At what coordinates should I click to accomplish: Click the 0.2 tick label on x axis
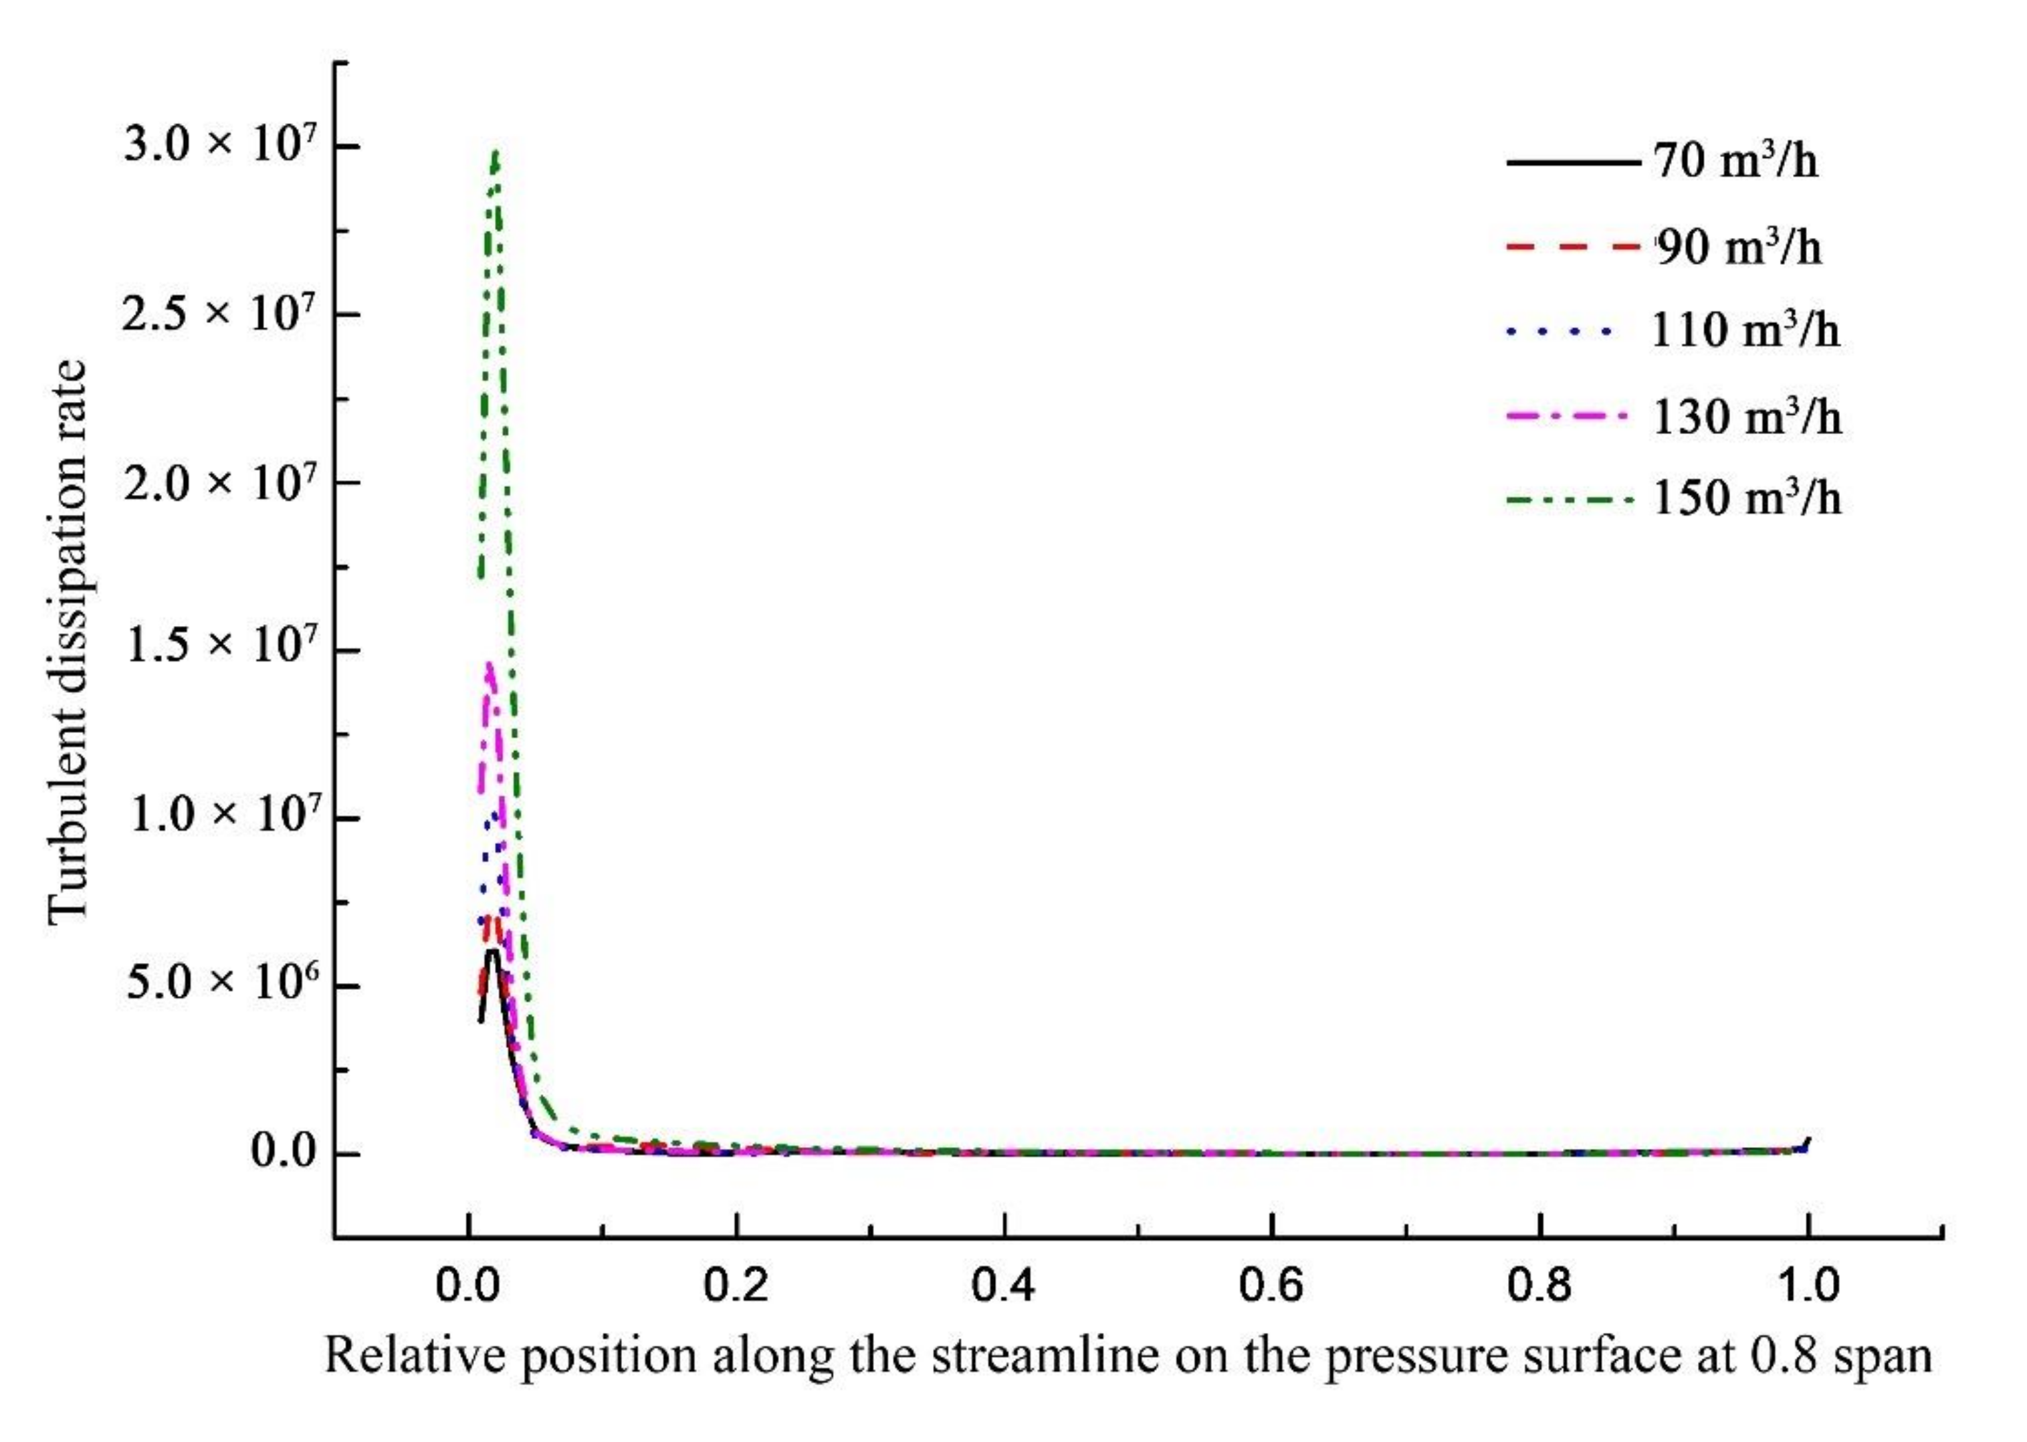[x=735, y=1285]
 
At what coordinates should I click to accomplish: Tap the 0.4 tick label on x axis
[x=1003, y=1285]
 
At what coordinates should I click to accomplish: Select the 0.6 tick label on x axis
[x=1271, y=1285]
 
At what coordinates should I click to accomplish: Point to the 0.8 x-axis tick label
[x=1539, y=1285]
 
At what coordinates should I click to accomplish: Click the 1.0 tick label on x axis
[x=1807, y=1285]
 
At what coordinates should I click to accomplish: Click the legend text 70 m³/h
[x=1735, y=162]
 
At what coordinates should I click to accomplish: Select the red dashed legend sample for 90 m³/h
[x=1572, y=246]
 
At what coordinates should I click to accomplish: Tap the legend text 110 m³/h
[x=1745, y=330]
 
